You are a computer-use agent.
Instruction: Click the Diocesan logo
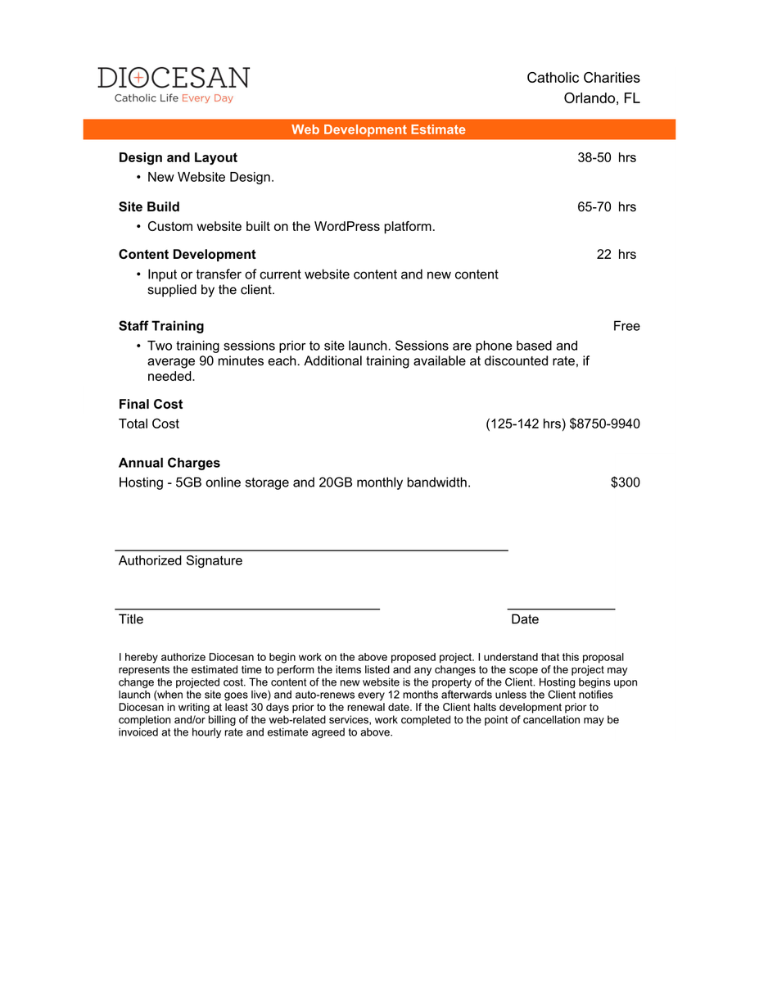point(174,84)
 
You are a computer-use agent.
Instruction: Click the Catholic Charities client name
point(583,78)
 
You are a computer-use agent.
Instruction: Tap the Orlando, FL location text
point(602,98)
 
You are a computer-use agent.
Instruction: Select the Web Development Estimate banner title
point(378,129)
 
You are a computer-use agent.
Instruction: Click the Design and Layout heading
point(178,157)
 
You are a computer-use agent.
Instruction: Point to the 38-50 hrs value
point(606,157)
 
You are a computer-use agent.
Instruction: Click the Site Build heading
point(149,206)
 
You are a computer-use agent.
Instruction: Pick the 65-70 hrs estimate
point(606,206)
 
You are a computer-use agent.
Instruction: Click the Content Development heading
point(187,254)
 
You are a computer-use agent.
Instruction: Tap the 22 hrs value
point(616,254)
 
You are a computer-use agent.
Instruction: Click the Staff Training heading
point(161,326)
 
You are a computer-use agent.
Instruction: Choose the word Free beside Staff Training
point(626,326)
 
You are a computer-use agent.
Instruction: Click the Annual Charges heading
point(169,463)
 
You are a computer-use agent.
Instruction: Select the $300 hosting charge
point(625,482)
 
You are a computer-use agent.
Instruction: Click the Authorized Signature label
point(180,560)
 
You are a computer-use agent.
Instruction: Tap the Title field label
point(131,619)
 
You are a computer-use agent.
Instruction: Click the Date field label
point(525,619)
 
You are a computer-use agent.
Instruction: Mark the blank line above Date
point(562,609)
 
